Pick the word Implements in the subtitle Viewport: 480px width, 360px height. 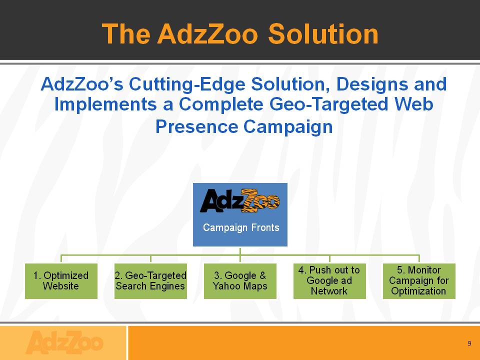pyautogui.click(x=105, y=104)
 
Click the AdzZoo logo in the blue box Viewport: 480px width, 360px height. pyautogui.click(x=240, y=201)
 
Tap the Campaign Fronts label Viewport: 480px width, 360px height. pyautogui.click(x=241, y=227)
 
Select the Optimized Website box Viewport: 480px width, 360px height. pyautogui.click(x=61, y=281)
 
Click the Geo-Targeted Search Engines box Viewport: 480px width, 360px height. pyautogui.click(x=150, y=281)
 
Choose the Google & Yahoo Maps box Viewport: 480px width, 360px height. pyautogui.click(x=240, y=281)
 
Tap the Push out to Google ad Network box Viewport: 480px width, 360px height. pyautogui.click(x=329, y=281)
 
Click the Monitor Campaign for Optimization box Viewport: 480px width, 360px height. pyautogui.click(x=419, y=281)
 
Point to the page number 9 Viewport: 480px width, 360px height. pyautogui.click(x=469, y=343)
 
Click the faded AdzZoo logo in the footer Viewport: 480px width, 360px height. pyautogui.click(x=64, y=342)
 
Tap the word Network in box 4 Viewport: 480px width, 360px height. pyautogui.click(x=329, y=291)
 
